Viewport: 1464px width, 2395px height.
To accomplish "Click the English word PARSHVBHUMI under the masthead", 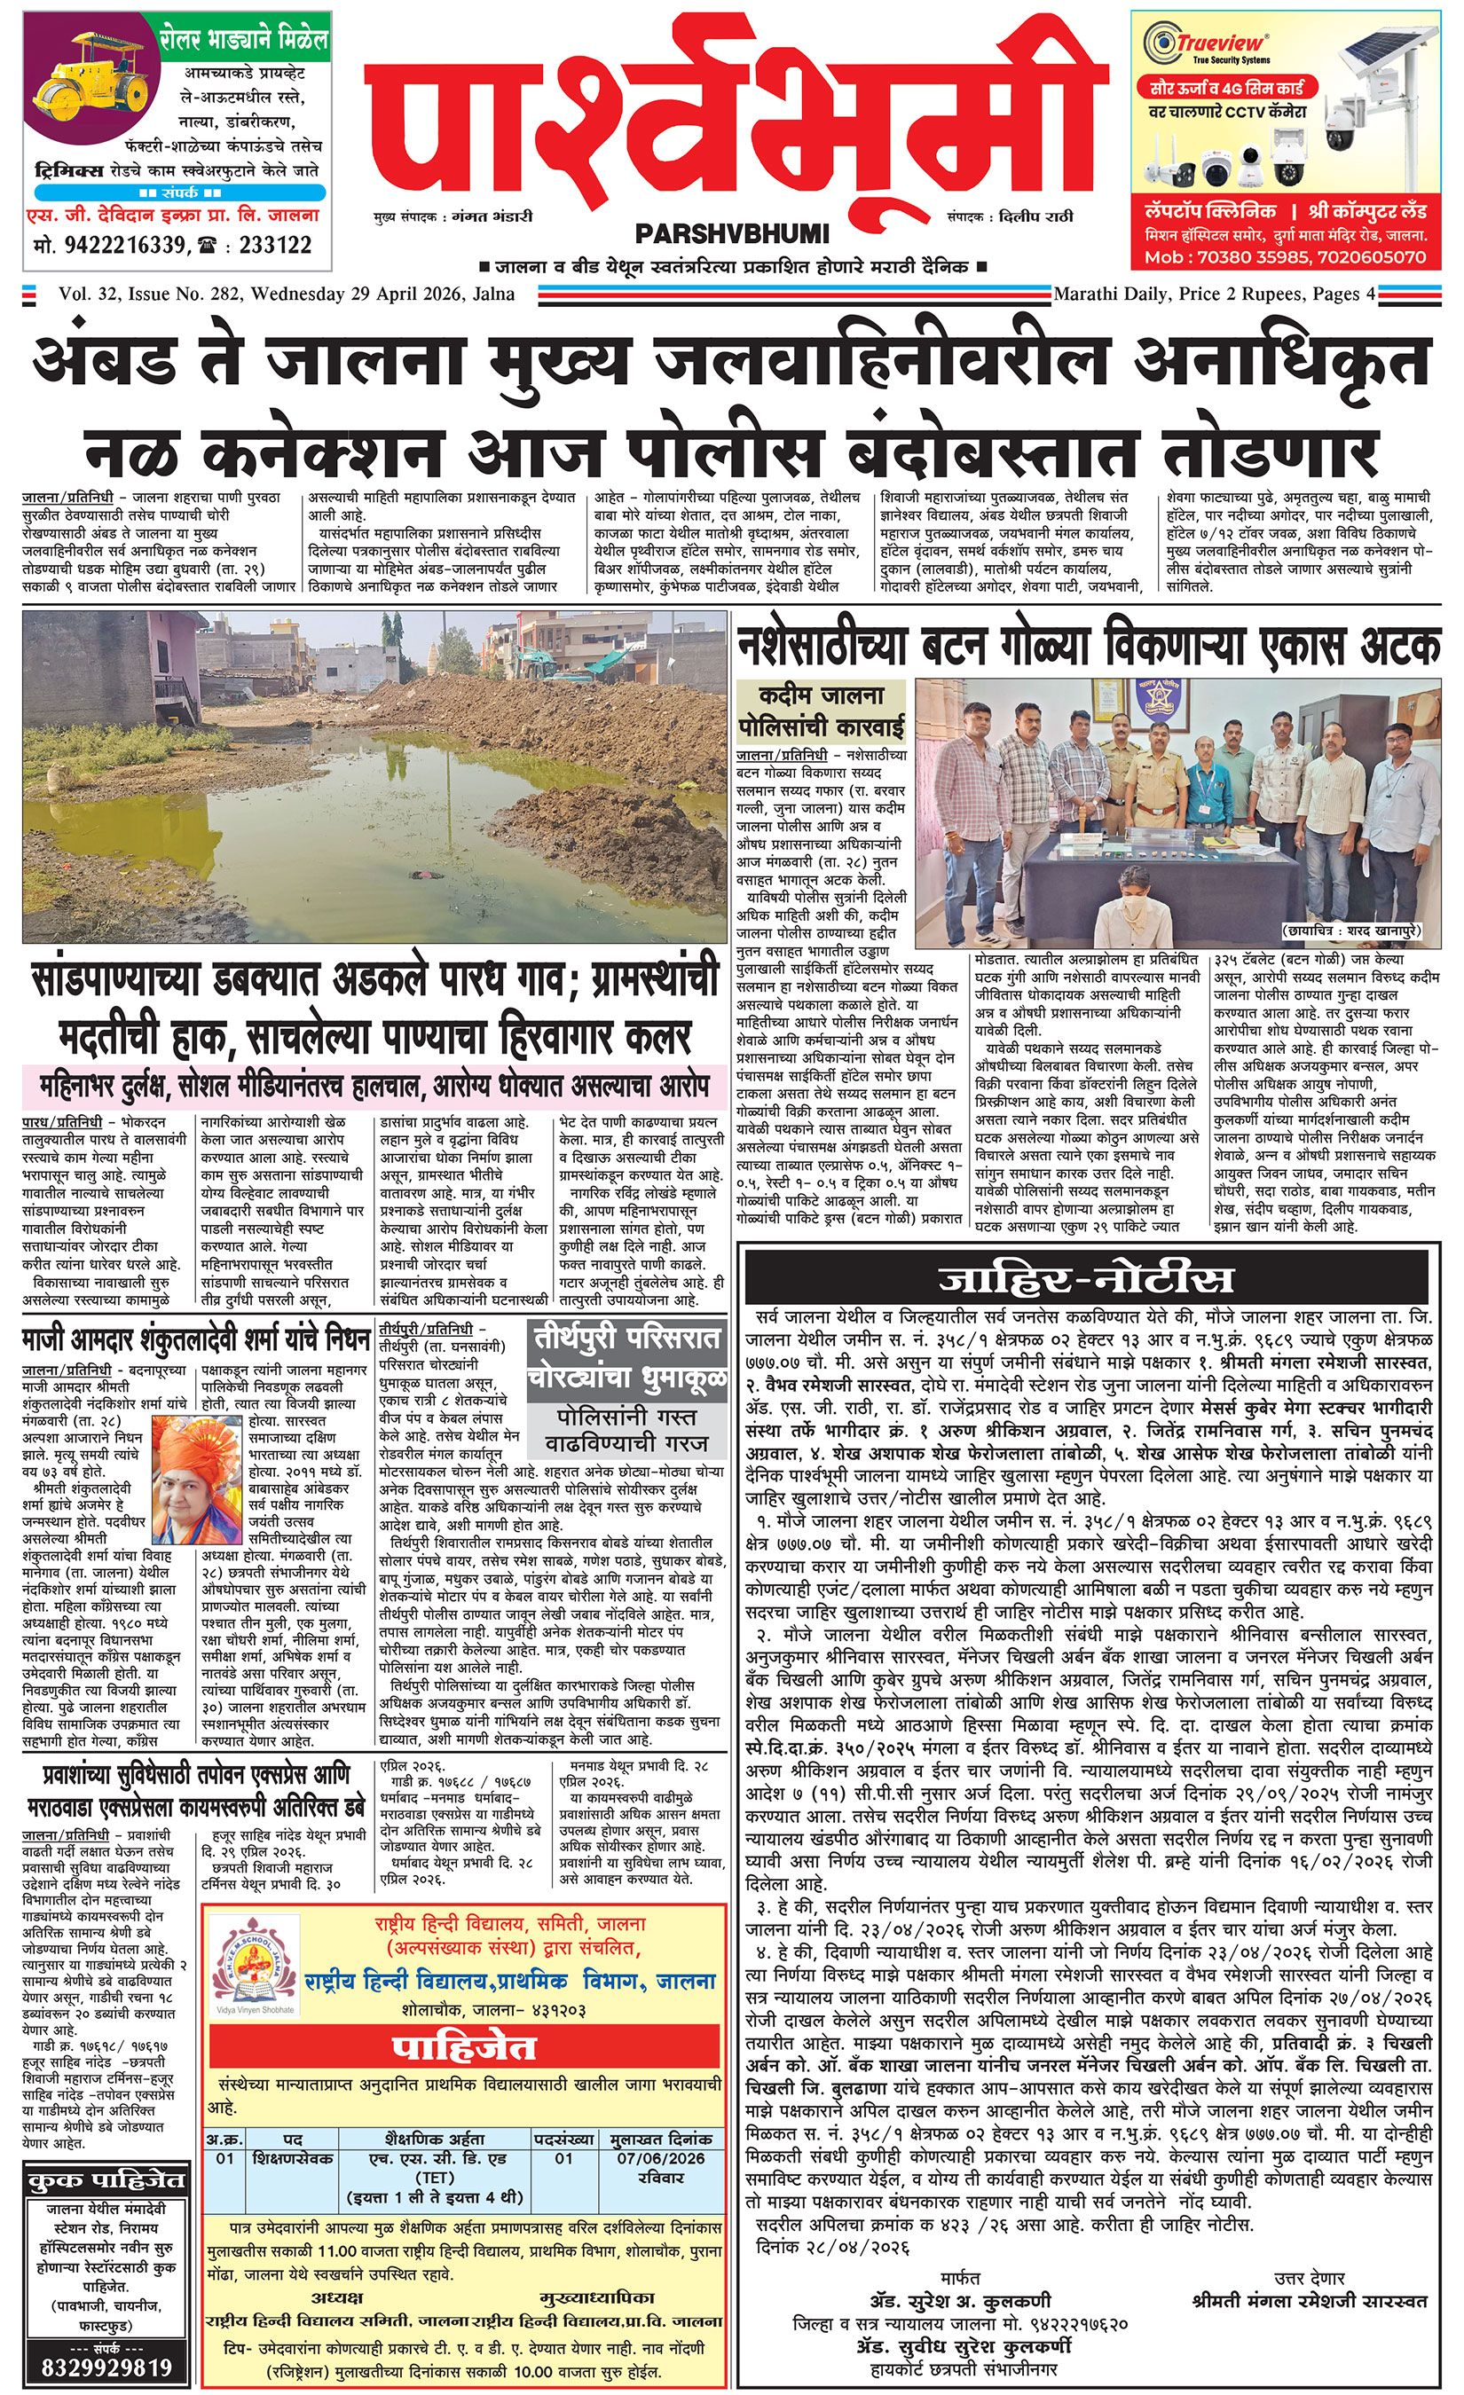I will click(731, 234).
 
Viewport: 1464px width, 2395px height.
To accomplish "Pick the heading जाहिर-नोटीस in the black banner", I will click(1085, 1278).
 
